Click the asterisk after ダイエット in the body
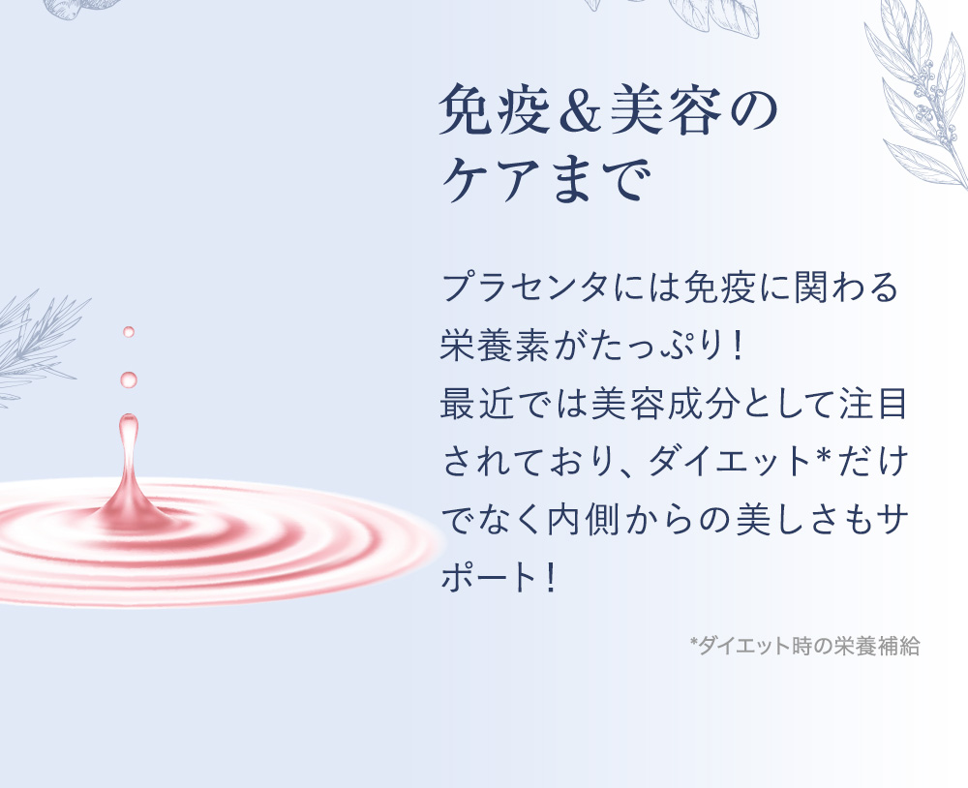point(826,460)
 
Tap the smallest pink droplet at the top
point(128,332)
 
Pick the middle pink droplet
point(128,379)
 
